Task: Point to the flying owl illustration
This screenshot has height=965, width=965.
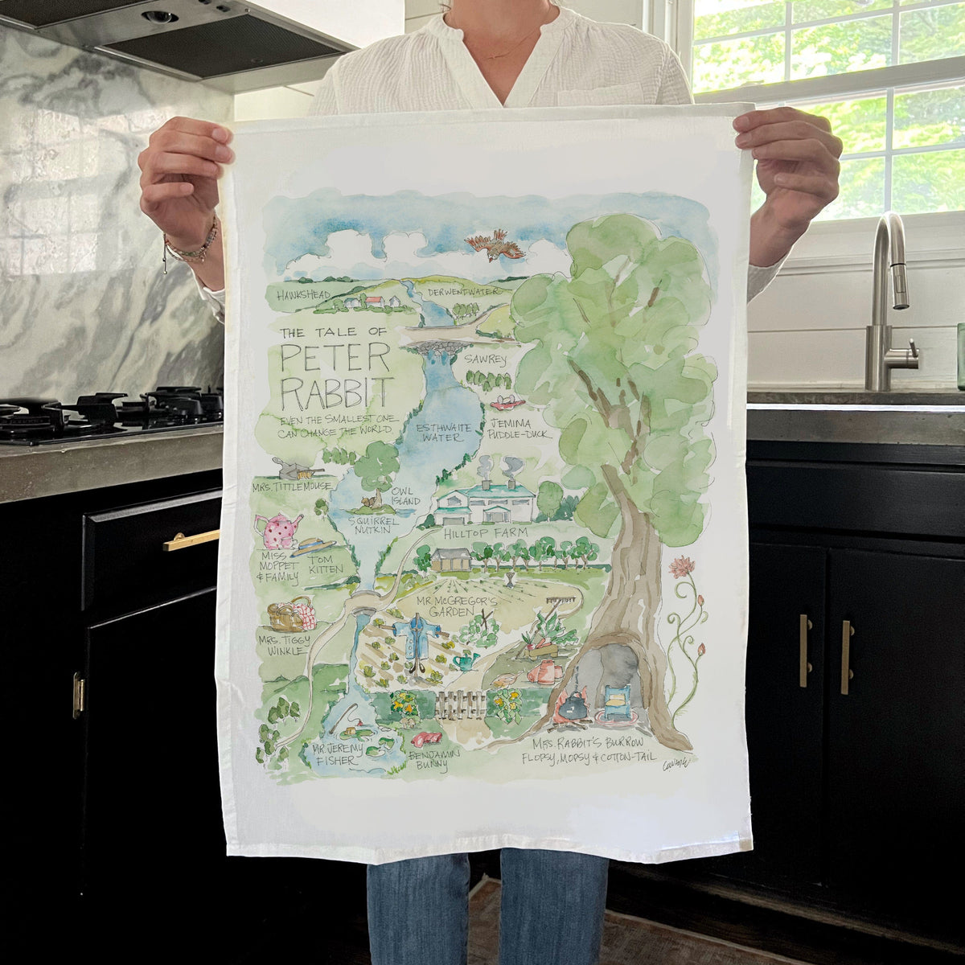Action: (495, 244)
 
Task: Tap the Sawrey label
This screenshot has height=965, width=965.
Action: (487, 360)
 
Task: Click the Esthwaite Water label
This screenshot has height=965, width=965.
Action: (442, 432)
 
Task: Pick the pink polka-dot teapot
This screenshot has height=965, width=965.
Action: (278, 531)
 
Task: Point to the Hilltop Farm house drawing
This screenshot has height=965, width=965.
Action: (486, 504)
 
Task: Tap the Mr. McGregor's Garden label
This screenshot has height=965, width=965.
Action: (458, 606)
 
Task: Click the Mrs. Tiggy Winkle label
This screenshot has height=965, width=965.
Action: (283, 645)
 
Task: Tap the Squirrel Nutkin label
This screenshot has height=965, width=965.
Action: (375, 525)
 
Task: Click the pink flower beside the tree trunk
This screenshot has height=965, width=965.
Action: (682, 567)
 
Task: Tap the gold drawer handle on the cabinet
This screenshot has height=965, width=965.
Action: (191, 540)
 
